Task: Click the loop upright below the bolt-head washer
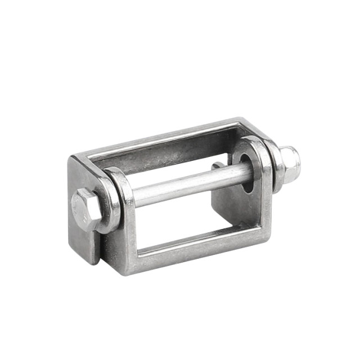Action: pos(121,247)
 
